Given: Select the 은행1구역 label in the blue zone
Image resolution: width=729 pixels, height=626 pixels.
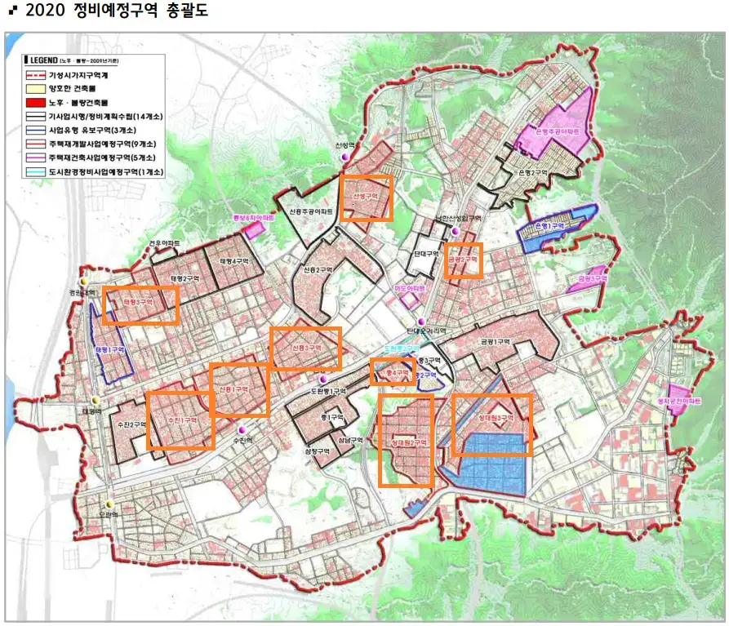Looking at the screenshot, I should [552, 227].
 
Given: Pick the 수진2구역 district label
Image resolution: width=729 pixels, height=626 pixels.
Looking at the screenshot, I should [131, 425].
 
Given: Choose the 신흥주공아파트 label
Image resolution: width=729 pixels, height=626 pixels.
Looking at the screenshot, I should [311, 211].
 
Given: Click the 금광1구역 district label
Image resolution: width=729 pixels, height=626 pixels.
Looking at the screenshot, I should [494, 342].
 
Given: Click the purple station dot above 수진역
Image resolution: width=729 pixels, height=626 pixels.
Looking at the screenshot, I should [241, 430].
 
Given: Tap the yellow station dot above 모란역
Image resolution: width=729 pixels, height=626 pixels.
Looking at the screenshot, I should [109, 504].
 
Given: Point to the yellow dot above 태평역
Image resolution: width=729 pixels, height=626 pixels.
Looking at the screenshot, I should [96, 400].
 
